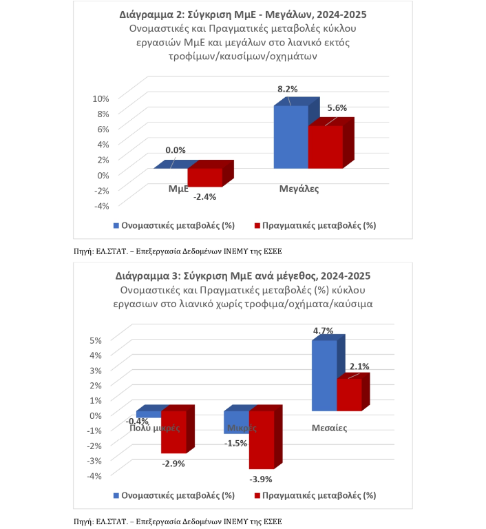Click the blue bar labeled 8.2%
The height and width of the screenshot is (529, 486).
pos(290,137)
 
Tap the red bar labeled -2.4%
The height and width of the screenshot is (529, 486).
pos(204,177)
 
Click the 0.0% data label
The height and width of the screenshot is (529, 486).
pos(176,150)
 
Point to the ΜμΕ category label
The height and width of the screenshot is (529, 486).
pos(179,188)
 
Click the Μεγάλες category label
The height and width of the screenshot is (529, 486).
pos(299,188)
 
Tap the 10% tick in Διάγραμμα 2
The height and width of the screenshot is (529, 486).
pos(101,98)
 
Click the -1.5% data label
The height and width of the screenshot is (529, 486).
pos(235,443)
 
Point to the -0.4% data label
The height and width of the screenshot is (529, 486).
pos(138,421)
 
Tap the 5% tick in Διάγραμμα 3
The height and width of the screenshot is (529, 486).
pos(97,340)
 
